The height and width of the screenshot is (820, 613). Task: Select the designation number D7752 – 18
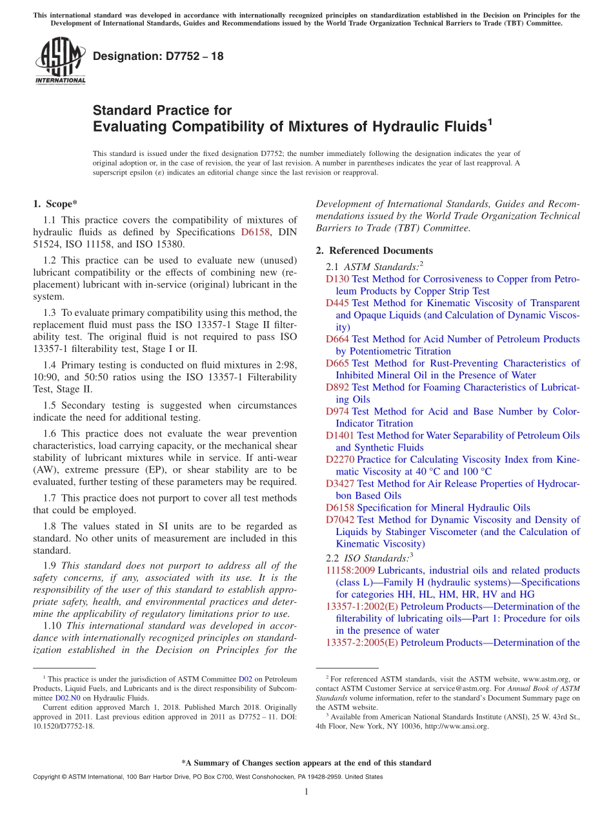pyautogui.click(x=158, y=57)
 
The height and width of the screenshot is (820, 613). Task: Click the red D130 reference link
pyautogui.click(x=337, y=279)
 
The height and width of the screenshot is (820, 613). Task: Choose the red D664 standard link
pyautogui.click(x=337, y=339)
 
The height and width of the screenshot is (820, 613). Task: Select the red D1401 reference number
pyautogui.click(x=340, y=436)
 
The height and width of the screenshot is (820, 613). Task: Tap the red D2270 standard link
pyautogui.click(x=340, y=460)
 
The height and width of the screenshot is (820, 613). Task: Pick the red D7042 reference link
pyautogui.click(x=340, y=520)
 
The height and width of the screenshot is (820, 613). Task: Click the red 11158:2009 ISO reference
pyautogui.click(x=350, y=571)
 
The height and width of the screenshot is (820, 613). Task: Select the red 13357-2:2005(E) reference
pyautogui.click(x=361, y=643)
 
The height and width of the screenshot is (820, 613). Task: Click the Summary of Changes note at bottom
pyautogui.click(x=306, y=763)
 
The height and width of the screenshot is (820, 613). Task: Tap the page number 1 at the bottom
pyautogui.click(x=306, y=792)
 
